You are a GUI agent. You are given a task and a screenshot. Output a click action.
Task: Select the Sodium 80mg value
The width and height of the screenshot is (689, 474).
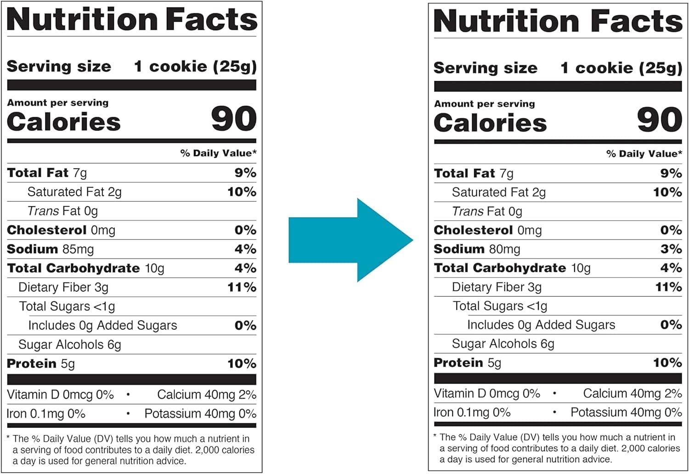coord(504,249)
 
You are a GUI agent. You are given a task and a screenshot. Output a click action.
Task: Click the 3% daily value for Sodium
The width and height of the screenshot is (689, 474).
coord(671,249)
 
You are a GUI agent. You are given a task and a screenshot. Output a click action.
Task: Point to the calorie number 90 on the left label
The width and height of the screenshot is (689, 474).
coord(233,119)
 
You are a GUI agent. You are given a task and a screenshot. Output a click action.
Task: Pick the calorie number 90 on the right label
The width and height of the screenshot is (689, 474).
coord(659,120)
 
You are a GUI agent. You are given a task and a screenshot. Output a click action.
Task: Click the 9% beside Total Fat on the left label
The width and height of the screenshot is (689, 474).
coord(245,173)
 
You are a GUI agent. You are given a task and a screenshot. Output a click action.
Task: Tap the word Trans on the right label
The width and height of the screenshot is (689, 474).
coord(468,211)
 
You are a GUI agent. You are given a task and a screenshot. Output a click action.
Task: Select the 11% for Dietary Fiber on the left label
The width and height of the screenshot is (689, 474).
coord(242,288)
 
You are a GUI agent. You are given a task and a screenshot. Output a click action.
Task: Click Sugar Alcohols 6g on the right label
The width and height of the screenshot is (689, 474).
coord(503,344)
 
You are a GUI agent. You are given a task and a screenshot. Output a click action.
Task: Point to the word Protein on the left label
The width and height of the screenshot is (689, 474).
coord(32,364)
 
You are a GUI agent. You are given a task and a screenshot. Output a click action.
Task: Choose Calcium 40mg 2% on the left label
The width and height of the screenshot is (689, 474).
coord(206,395)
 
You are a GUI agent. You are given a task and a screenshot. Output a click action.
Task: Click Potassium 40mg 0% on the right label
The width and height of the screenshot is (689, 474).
coord(626,412)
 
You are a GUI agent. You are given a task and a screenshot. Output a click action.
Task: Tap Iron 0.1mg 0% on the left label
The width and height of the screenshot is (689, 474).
coord(46,414)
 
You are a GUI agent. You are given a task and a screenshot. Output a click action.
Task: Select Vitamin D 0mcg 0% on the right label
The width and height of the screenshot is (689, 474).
coord(487,394)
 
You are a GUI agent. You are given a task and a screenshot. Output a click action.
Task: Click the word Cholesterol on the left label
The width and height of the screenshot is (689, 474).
coord(47,230)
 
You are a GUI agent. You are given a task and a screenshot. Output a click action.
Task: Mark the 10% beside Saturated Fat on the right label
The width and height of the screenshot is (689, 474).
coord(667,192)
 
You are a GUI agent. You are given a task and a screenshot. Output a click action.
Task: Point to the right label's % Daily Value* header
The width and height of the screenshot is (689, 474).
coord(644,154)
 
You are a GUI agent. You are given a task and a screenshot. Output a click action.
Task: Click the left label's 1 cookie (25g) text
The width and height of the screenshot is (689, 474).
coord(195,67)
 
